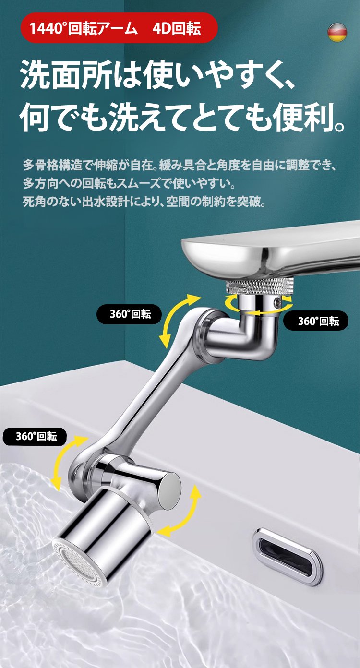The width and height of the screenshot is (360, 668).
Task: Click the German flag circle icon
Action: [337, 32]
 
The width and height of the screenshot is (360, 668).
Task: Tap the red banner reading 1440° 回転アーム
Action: [119, 28]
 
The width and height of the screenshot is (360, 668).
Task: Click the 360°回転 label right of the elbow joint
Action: [315, 321]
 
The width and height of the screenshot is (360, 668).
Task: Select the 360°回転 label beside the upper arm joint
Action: [129, 314]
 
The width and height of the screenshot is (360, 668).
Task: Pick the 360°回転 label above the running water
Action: [35, 436]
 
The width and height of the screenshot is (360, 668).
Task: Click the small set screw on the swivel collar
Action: [278, 302]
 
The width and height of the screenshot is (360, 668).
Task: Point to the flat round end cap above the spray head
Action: [169, 488]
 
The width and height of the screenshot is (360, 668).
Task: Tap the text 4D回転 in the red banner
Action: [176, 28]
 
